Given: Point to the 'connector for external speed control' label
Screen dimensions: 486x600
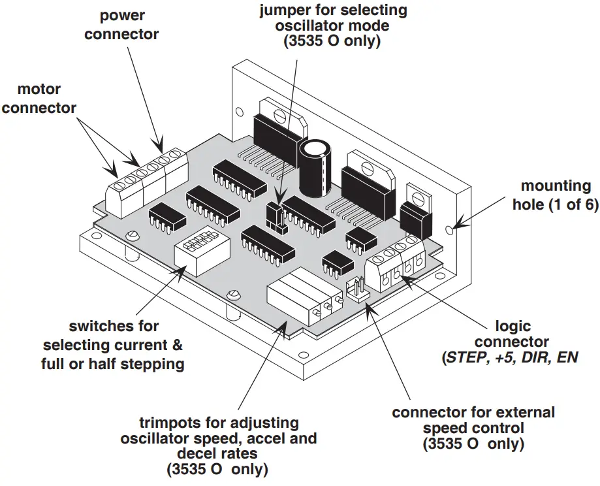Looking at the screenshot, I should pos(473,429).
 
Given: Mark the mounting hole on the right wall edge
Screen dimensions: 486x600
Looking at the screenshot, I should pos(452,230).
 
